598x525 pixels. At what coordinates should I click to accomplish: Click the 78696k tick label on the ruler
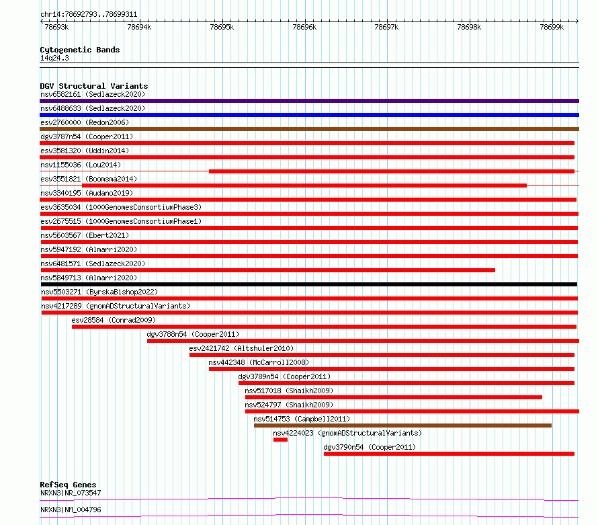pyautogui.click(x=304, y=27)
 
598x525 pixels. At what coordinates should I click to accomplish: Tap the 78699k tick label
pyautogui.click(x=552, y=27)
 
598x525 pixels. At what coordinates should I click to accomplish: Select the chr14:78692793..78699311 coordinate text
pyautogui.click(x=89, y=15)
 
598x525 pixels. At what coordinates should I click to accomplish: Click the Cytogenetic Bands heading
pyautogui.click(x=80, y=50)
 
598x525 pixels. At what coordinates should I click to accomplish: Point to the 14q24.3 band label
pyautogui.click(x=54, y=58)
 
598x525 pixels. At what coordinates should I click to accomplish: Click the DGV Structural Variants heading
pyautogui.click(x=94, y=86)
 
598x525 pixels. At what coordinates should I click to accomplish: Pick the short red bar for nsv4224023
pyautogui.click(x=280, y=440)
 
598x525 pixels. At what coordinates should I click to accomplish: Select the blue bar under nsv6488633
pyautogui.click(x=309, y=115)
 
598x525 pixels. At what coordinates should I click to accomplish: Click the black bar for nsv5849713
pyautogui.click(x=309, y=284)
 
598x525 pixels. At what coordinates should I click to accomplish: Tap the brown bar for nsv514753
pyautogui.click(x=402, y=426)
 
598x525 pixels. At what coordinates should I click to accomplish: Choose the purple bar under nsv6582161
pyautogui.click(x=309, y=101)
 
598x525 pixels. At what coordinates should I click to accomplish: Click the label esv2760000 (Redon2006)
pyautogui.click(x=85, y=122)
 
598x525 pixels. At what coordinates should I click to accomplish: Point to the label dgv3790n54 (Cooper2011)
pyautogui.click(x=370, y=447)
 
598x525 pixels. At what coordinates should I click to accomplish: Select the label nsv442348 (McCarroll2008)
pyautogui.click(x=259, y=362)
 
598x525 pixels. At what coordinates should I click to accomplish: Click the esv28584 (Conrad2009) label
pyautogui.click(x=114, y=320)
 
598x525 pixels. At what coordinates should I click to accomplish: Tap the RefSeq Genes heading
pyautogui.click(x=68, y=485)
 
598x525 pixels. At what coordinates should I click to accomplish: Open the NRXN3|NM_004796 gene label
pyautogui.click(x=71, y=510)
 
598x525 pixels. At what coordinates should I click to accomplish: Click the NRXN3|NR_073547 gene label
pyautogui.click(x=71, y=493)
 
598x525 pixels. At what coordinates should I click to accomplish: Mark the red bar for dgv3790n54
pyautogui.click(x=449, y=454)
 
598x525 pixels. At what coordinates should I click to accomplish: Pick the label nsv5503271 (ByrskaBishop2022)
pyautogui.click(x=99, y=292)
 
